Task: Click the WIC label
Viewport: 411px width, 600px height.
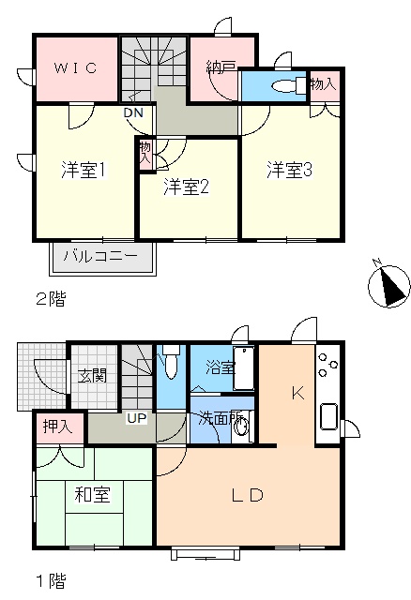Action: tap(75, 68)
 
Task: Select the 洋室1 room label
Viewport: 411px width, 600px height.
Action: tap(84, 170)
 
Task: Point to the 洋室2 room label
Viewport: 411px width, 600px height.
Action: tap(186, 187)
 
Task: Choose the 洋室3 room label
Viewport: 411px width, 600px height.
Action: tap(290, 170)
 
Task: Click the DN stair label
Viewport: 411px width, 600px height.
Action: tap(133, 112)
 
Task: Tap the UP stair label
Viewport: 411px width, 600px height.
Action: tap(137, 418)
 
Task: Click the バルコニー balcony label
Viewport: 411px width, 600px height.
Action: tap(100, 256)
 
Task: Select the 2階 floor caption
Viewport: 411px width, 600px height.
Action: tap(51, 298)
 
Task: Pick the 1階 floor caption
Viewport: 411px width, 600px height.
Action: tap(51, 581)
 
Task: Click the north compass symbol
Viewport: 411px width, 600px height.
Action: tap(388, 285)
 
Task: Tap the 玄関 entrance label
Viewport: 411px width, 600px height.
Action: tap(92, 375)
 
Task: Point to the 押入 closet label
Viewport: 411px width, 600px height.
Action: tap(57, 427)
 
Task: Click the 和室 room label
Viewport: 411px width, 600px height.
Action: tap(92, 495)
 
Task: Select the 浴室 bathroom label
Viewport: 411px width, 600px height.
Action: tap(221, 367)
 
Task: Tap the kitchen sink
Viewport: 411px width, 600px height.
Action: tap(328, 416)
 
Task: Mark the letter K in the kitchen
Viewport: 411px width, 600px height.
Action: tap(298, 393)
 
